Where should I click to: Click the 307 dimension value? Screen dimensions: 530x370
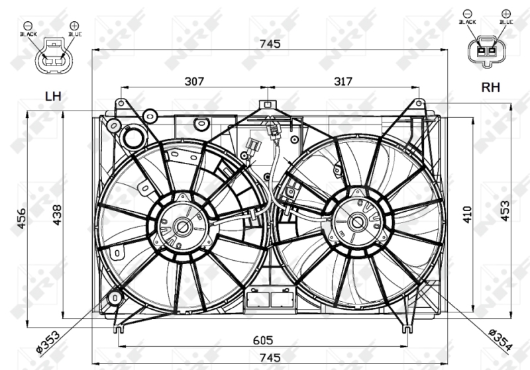194,81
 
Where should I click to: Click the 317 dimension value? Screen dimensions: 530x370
343,81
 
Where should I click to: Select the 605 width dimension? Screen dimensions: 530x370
263,340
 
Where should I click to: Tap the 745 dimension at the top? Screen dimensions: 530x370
270,44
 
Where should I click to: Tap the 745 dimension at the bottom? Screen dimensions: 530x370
270,357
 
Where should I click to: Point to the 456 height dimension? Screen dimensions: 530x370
21,218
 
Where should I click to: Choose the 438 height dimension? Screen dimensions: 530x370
57,215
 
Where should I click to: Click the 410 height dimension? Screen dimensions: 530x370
467,214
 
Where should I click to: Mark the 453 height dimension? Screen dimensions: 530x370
505,211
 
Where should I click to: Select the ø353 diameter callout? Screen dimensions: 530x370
48,342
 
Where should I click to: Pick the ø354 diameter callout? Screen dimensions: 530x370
501,340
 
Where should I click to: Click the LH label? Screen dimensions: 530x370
53,96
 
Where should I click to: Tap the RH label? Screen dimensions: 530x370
490,87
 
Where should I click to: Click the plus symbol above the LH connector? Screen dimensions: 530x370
74,26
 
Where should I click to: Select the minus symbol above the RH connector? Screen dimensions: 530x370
468,14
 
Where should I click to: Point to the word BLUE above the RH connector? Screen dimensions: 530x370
506,22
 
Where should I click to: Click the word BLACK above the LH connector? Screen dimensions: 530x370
28,34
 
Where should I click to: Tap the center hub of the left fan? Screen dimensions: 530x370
183,227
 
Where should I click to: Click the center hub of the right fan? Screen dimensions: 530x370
357,222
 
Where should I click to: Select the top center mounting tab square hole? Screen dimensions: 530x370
267,104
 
